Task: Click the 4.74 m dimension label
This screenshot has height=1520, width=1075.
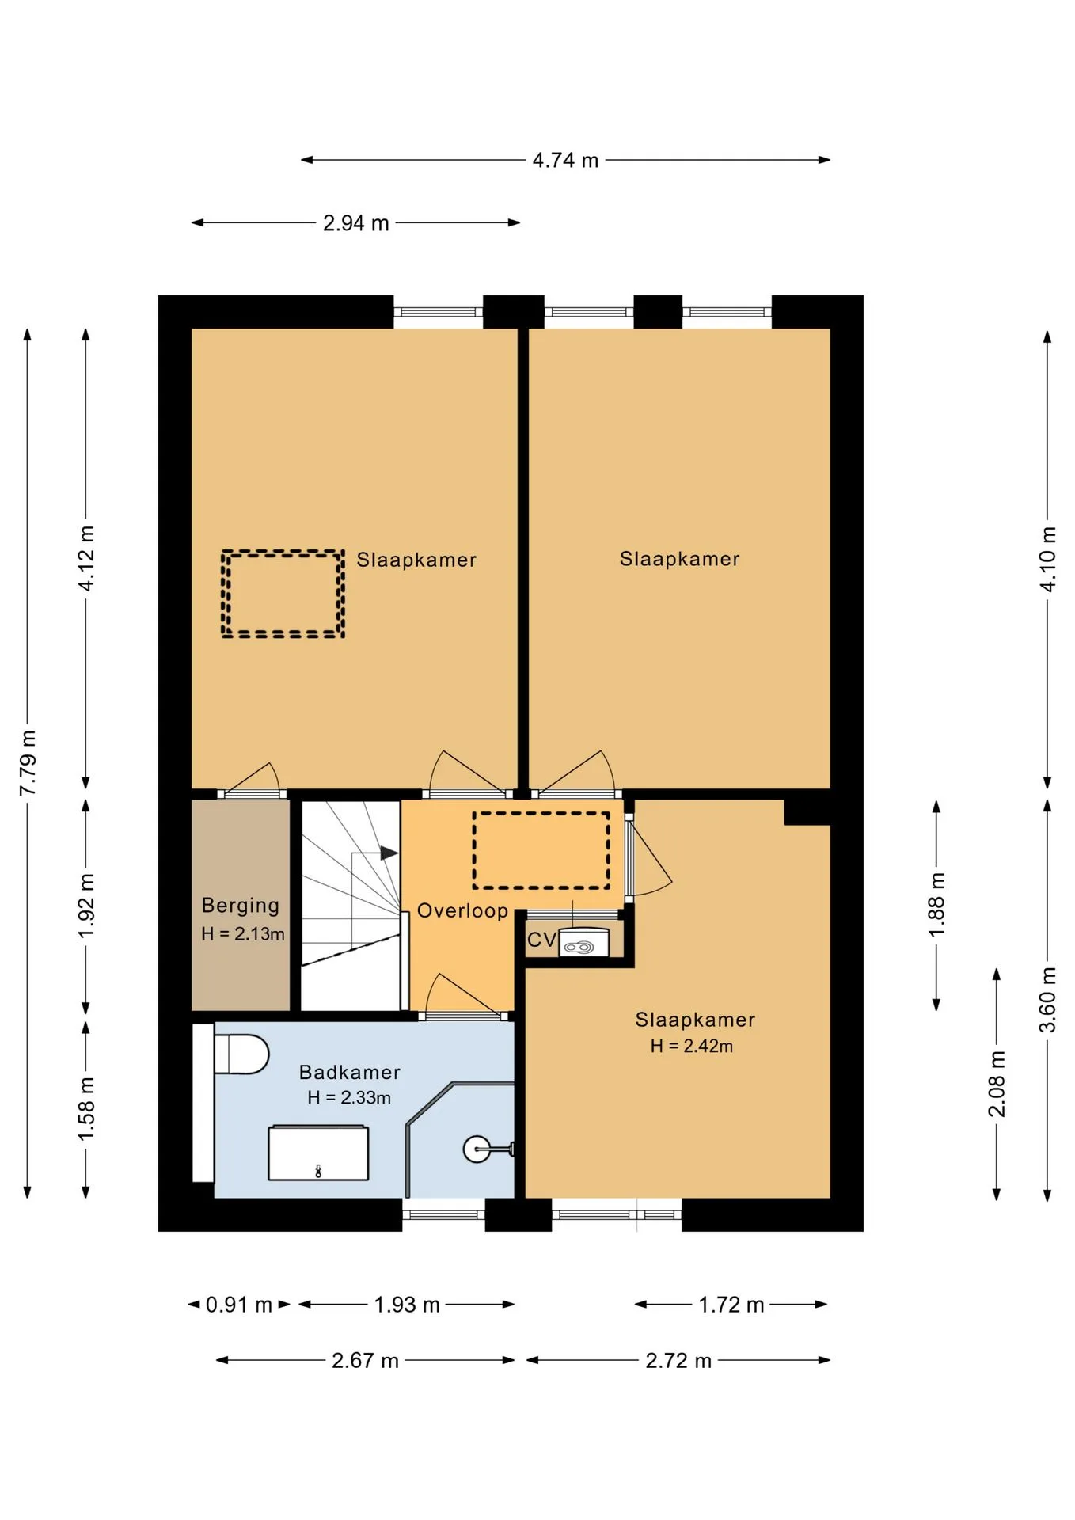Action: [565, 160]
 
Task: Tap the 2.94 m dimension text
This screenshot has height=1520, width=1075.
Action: [356, 223]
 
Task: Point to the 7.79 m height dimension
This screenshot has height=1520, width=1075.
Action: [28, 762]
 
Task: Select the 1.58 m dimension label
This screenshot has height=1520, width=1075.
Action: [86, 1108]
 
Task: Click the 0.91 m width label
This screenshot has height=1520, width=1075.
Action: [238, 1305]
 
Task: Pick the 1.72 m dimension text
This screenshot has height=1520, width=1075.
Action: [731, 1305]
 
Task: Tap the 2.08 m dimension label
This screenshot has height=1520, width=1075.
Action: [997, 1084]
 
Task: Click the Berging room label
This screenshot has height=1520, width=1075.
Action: [241, 906]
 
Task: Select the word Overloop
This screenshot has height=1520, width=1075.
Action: [462, 911]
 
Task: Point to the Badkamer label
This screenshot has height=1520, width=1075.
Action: [350, 1072]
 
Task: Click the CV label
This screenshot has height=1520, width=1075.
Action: [541, 940]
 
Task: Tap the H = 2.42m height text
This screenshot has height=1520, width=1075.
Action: [692, 1046]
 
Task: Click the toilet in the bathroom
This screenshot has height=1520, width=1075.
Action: [241, 1054]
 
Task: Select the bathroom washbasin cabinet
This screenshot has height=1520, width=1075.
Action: [318, 1153]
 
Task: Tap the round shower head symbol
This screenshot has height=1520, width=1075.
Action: [477, 1149]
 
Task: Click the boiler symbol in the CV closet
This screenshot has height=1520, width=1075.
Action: [584, 942]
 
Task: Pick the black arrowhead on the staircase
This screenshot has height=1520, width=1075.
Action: [389, 853]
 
